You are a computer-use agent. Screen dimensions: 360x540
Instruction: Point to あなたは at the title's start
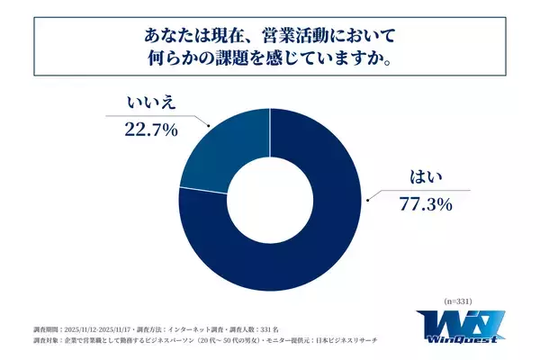pos(168,37)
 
